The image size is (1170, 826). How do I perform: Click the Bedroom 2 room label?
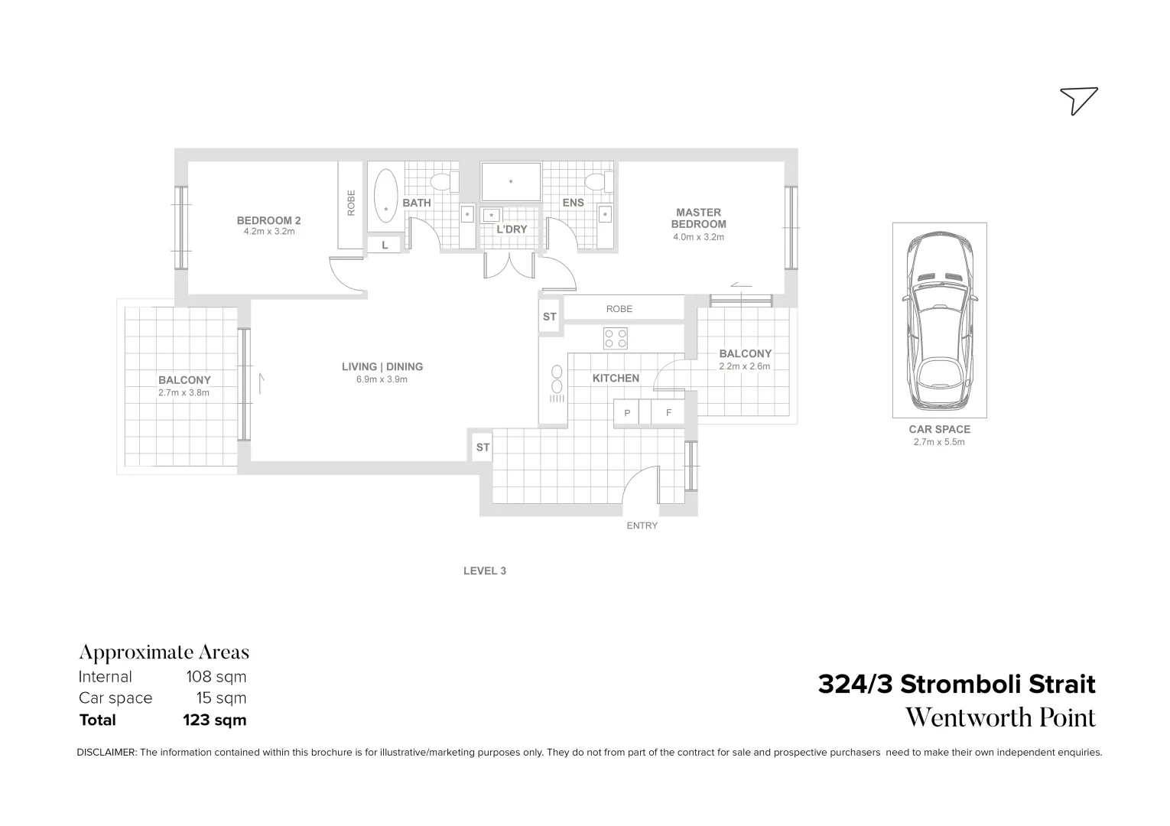268,220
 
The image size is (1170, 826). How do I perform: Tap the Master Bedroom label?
698,218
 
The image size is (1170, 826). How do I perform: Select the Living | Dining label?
382,367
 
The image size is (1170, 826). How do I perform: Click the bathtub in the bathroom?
386,196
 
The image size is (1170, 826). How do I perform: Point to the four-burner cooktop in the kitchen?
616,338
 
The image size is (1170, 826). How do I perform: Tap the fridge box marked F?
668,413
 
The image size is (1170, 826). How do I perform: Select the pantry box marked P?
627,413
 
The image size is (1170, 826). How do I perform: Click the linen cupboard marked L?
385,246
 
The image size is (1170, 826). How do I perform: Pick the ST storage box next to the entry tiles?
483,447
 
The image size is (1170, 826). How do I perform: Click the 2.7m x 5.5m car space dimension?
939,442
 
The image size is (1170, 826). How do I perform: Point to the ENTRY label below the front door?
642,525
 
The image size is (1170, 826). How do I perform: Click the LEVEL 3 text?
485,571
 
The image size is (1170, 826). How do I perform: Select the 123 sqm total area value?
214,720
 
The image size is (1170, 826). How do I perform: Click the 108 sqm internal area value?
216,677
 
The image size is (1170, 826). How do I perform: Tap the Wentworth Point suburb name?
1000,718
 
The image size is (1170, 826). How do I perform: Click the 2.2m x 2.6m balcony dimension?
744,366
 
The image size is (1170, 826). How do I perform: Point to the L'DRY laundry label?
512,229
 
